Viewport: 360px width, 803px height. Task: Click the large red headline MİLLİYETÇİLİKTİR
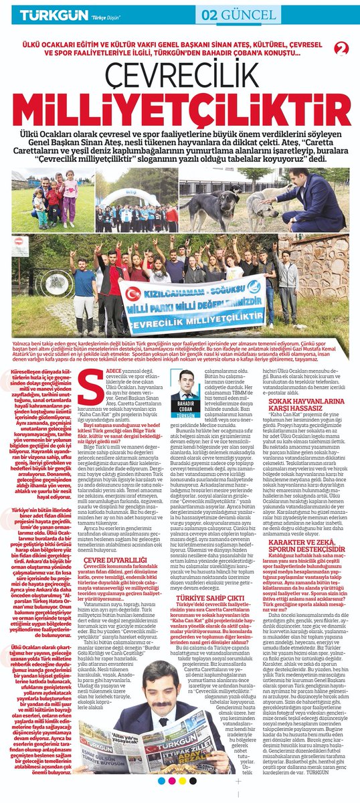coord(180,110)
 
